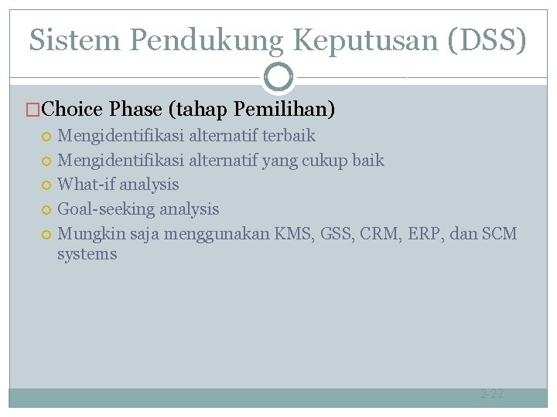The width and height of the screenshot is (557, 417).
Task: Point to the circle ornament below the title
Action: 278,77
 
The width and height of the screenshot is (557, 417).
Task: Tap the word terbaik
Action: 289,137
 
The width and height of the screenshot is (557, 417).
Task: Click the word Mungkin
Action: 86,233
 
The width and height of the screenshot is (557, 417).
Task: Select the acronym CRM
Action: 378,233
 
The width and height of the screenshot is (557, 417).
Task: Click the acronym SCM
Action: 499,233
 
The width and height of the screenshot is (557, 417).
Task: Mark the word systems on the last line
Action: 87,254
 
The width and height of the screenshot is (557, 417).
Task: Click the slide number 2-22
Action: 492,395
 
